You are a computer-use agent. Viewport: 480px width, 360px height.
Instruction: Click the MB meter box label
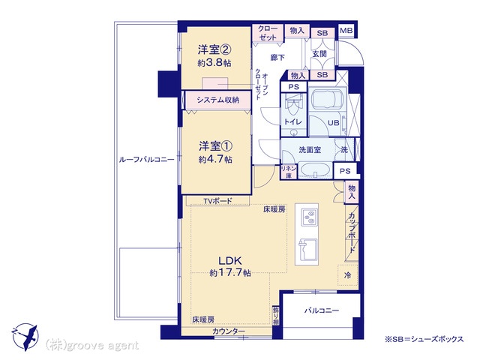pos(346,31)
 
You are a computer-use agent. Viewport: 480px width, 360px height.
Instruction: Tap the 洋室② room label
pos(214,49)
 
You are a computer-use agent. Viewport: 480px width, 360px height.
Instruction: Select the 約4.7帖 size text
pos(215,160)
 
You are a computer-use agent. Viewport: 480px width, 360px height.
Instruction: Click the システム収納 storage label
pos(218,100)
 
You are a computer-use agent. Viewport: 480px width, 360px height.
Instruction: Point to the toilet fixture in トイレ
pos(293,105)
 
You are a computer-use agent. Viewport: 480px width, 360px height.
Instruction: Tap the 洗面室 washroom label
pos(310,150)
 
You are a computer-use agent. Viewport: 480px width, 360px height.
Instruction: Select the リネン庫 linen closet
pos(289,172)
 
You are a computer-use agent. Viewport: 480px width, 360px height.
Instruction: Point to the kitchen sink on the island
pos(307,249)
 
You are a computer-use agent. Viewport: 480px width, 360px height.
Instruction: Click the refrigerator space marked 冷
pos(347,275)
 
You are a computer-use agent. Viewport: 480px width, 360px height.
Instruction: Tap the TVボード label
pos(218,201)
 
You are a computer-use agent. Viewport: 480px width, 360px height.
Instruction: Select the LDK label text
pos(230,261)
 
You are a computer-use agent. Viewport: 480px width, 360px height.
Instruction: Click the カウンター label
pos(229,331)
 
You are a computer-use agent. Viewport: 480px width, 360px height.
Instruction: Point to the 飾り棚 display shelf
pos(276,316)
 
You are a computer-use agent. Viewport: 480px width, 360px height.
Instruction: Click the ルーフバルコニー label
pos(146,160)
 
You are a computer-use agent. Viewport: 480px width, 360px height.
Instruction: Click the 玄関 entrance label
pos(319,54)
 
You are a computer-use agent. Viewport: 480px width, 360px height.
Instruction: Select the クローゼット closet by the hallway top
pos(268,33)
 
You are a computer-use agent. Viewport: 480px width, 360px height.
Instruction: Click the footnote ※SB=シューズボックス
pos(424,339)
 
